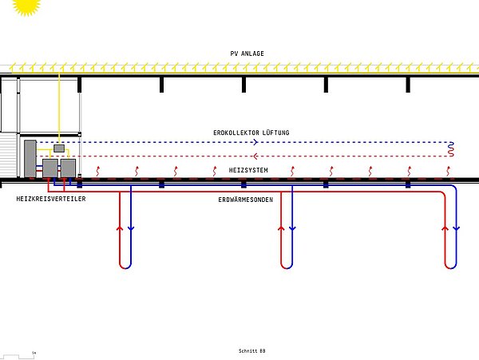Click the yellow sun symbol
click(26, 6)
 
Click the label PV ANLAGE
click(247, 53)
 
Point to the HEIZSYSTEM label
click(248, 170)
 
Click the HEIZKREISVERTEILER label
click(51, 199)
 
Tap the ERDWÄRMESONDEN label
click(246, 200)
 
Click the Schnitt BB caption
click(252, 351)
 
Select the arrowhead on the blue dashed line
click(255, 142)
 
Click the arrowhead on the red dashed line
click(255, 156)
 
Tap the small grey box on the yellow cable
click(59, 148)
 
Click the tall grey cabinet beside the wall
click(30, 159)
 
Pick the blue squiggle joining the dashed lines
click(451, 149)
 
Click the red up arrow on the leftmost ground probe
click(120, 228)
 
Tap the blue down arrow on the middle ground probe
click(292, 228)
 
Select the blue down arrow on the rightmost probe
click(457, 228)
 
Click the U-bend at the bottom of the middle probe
click(287, 265)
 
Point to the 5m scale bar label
click(34, 353)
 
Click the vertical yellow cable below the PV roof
click(59, 109)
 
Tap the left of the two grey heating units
click(50, 168)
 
